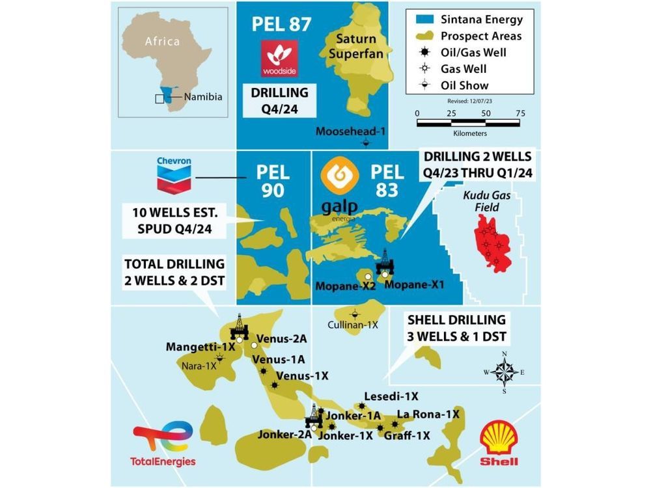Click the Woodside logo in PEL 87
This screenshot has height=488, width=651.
[279, 59]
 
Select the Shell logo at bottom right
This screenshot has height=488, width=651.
[499, 442]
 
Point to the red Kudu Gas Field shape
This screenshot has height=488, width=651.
[495, 241]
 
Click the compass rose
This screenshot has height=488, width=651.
[504, 373]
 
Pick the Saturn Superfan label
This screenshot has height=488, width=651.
[352, 46]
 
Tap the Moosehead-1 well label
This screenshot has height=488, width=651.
[351, 131]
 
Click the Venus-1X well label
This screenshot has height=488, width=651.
[303, 376]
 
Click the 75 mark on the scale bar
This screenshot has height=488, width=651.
[519, 113]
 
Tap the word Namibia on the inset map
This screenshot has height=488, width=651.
[203, 97]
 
